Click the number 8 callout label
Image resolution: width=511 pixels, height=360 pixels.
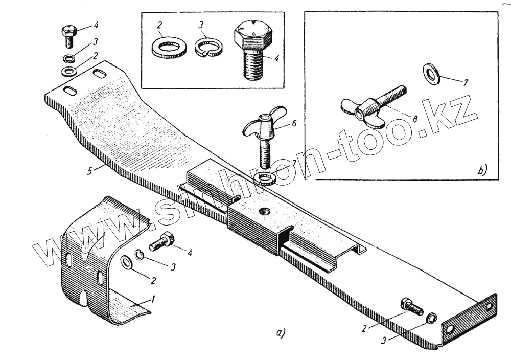tap(415, 119)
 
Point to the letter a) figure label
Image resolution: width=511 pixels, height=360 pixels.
tap(280, 333)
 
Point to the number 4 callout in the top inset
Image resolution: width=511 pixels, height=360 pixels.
tap(275, 59)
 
